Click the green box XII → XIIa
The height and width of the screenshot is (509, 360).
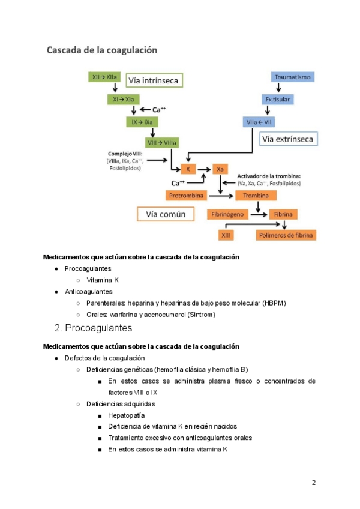click(106, 77)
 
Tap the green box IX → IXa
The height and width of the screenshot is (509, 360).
click(142, 121)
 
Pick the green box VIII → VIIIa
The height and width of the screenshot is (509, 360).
click(161, 143)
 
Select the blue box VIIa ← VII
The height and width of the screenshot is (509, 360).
click(259, 122)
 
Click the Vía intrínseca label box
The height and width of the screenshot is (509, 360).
click(154, 79)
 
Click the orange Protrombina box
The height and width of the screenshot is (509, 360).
click(185, 196)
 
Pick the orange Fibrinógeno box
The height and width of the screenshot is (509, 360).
click(228, 214)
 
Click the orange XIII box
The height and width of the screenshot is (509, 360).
click(226, 235)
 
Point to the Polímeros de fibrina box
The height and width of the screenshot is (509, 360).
click(286, 235)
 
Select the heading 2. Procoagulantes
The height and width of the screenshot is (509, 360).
click(93, 328)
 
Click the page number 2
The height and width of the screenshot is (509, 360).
click(313, 483)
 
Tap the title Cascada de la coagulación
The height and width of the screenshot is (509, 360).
click(102, 50)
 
